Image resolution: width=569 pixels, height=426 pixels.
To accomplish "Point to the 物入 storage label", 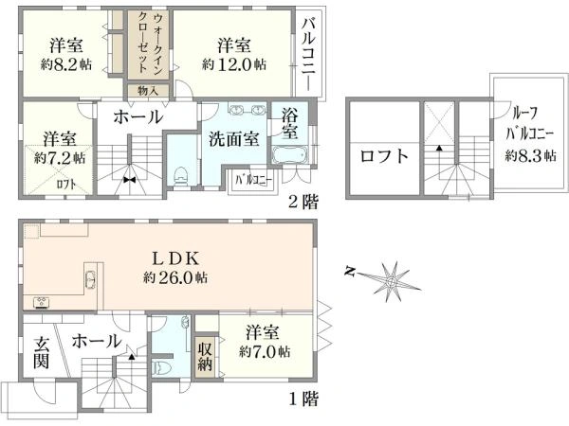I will point(149,91).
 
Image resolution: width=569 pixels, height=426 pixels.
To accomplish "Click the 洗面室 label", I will point(234,139).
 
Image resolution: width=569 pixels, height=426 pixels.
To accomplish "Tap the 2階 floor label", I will point(303,202).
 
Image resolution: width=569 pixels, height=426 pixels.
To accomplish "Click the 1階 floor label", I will point(303,399).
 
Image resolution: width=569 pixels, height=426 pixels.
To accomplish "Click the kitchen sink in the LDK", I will point(89,280).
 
